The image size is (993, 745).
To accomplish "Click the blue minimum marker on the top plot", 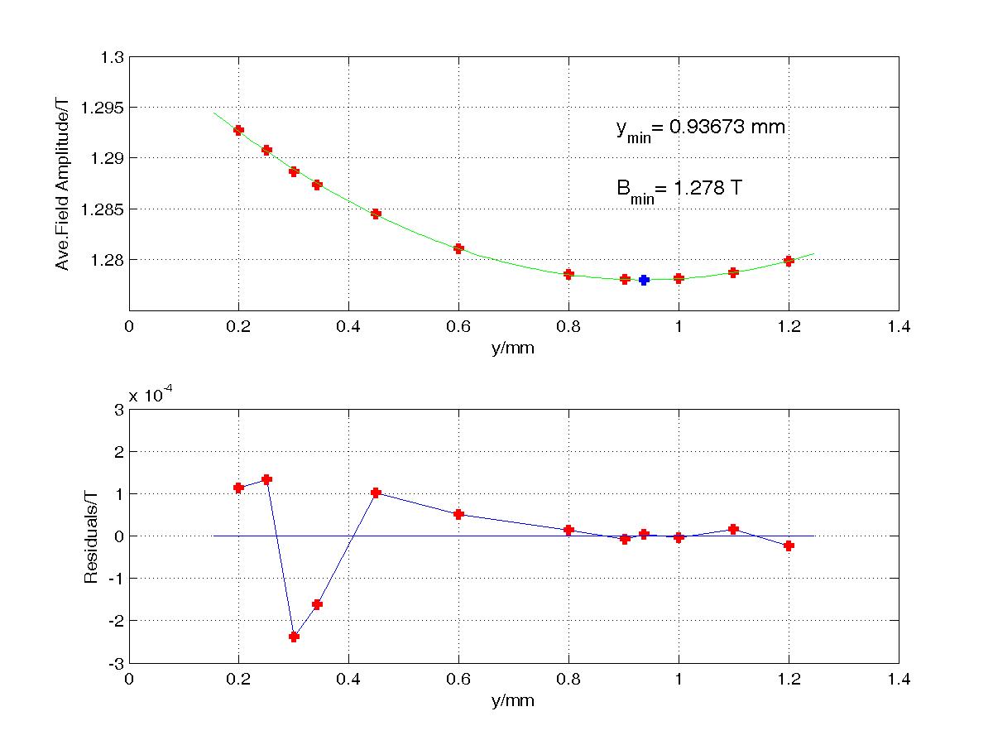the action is pos(644,280).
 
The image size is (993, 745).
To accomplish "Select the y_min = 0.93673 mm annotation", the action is pos(700,130).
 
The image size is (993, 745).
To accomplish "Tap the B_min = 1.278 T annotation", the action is pos(679,191).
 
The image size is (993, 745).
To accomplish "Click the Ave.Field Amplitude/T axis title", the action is pos(62,184).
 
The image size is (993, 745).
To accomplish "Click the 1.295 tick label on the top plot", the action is pos(102,108).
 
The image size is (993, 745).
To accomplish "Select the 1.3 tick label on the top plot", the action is pos(112,57).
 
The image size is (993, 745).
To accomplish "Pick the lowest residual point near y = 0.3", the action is pos(294,637).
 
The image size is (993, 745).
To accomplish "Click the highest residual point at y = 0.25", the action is pos(267,479).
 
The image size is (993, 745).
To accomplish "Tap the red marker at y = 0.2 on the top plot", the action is pos(238,130).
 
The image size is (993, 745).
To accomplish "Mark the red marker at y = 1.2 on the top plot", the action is pos(789,261).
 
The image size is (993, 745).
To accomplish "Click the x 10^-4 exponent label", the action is pos(151,395).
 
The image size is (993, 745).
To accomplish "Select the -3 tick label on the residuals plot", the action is pos(117,665).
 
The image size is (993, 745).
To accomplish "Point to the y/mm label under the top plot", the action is pos(513,348).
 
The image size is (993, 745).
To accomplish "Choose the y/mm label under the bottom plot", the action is pos(513,700).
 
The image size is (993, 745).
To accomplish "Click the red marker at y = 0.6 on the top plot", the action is pos(458,248).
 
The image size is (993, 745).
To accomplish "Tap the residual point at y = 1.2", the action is pos(789,546).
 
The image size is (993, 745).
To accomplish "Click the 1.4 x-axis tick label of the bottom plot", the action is pos(899,679).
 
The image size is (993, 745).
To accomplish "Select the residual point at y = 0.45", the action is pos(376,493).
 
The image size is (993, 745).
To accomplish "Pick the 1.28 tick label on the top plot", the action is pos(107,260).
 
